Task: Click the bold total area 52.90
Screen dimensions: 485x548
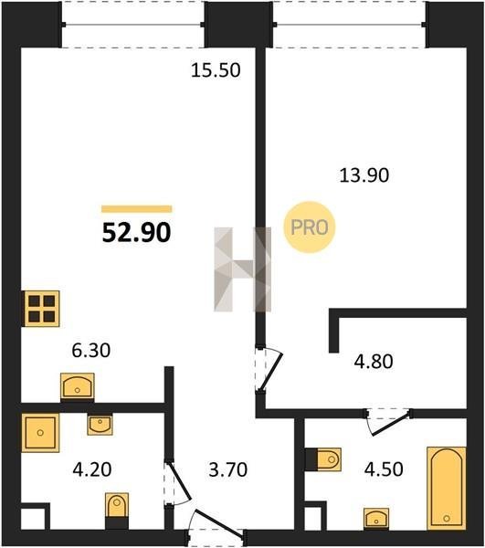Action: click(x=136, y=233)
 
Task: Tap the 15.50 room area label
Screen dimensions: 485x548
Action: click(x=216, y=70)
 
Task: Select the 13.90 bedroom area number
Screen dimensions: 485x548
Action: click(x=364, y=175)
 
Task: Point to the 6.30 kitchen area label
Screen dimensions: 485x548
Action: click(x=90, y=350)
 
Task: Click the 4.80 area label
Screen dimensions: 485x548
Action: click(x=374, y=362)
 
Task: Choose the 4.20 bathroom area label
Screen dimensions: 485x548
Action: click(x=92, y=469)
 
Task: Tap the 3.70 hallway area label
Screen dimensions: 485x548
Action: click(x=227, y=469)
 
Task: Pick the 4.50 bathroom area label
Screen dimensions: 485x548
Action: click(x=384, y=469)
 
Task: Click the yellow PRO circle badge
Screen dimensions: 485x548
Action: click(x=310, y=227)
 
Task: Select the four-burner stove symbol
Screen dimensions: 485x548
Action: click(x=42, y=309)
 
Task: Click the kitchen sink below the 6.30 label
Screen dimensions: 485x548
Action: click(x=78, y=386)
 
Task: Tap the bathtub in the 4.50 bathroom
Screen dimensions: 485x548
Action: click(x=447, y=488)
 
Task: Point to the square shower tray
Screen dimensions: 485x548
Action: click(x=40, y=433)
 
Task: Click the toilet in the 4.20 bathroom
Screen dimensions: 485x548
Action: click(x=117, y=505)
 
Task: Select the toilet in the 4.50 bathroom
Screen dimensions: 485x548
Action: click(x=329, y=459)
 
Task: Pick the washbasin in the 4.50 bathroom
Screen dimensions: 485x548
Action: click(x=376, y=518)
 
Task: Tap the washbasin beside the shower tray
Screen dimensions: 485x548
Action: click(x=100, y=425)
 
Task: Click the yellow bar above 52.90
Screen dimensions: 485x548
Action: click(x=137, y=209)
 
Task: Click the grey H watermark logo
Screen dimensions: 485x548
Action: click(x=243, y=269)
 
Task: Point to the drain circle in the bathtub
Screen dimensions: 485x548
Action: click(x=447, y=518)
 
